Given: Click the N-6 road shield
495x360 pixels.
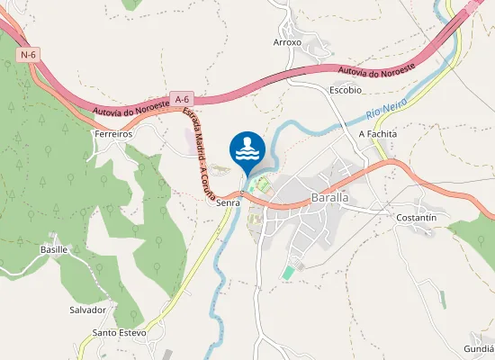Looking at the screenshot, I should [x=28, y=55].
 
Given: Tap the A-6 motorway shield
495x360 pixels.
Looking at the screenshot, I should [x=182, y=98].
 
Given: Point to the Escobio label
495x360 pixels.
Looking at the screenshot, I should [x=345, y=90].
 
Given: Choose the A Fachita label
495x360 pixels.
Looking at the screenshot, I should [x=378, y=133].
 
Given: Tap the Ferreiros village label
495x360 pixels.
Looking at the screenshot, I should [x=113, y=133].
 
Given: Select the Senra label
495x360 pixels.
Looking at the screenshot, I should [x=227, y=203].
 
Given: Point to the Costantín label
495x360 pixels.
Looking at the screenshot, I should [x=416, y=218].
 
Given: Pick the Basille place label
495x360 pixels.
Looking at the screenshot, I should [x=54, y=248].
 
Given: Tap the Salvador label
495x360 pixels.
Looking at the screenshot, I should [x=88, y=310].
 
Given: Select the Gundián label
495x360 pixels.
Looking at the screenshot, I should [x=479, y=347].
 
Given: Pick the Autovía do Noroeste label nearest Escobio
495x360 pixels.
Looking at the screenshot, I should [x=376, y=68].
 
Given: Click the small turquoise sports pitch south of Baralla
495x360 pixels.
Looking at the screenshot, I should [x=288, y=272].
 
